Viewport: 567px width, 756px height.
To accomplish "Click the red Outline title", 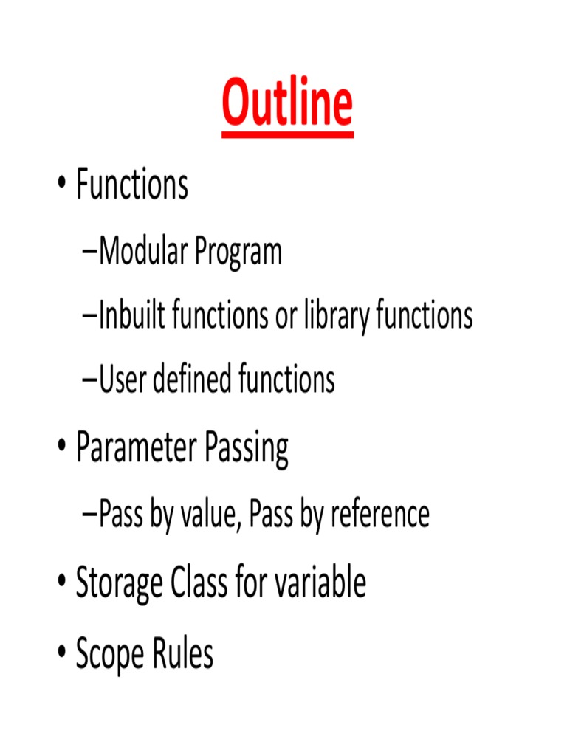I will (287, 104).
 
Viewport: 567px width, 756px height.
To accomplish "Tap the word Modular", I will (143, 252).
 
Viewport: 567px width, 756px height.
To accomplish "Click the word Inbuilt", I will (132, 316).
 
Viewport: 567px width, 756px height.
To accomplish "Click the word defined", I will (189, 380).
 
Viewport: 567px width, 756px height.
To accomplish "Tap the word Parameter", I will (137, 448).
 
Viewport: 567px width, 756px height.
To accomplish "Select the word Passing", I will (247, 450).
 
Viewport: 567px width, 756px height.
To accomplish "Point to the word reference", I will (379, 514).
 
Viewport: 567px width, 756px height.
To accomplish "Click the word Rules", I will (184, 653).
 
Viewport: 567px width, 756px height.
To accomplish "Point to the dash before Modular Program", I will (90, 253).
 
